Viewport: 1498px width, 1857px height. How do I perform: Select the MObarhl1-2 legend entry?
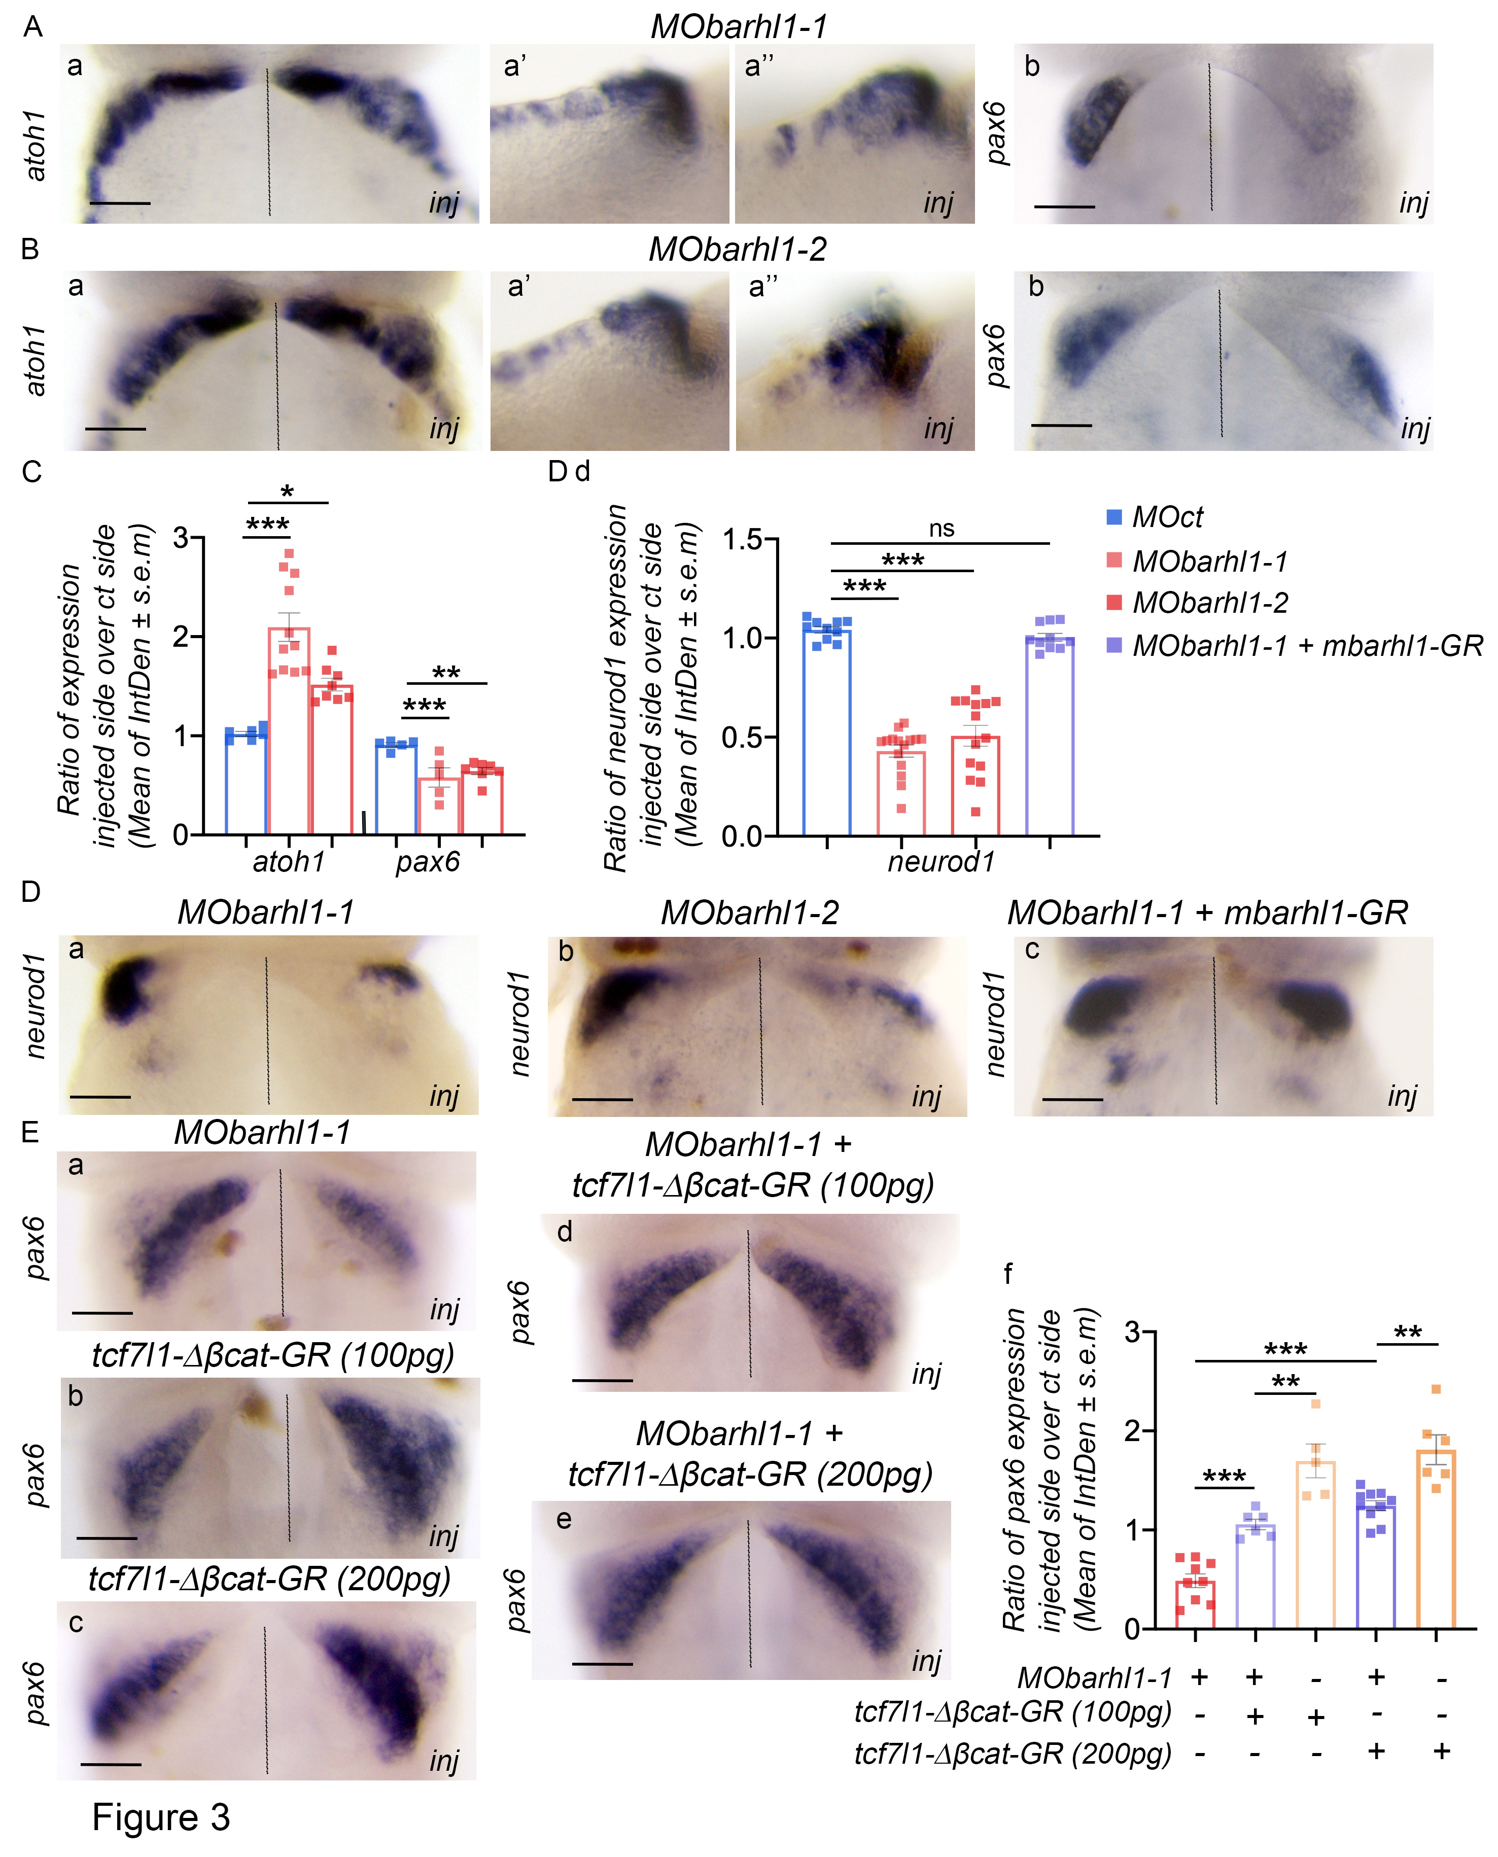1210,602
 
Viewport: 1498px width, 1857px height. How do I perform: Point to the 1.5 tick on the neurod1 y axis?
743,540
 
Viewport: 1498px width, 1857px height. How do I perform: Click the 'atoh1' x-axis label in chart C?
288,861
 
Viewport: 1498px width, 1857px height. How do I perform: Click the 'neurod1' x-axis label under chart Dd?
942,861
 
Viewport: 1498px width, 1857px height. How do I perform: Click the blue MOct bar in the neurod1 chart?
827,733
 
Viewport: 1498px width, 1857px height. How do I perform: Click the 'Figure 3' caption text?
161,1816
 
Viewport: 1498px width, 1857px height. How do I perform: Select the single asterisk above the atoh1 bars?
287,493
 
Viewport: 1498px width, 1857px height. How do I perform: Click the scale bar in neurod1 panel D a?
100,1097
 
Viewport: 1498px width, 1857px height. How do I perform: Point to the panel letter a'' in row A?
759,66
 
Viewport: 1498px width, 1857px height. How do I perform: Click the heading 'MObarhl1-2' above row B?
738,250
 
